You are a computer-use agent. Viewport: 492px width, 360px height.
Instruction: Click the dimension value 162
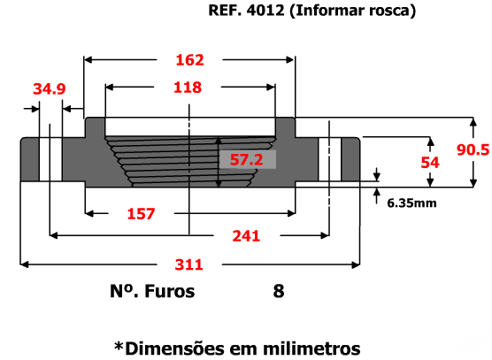click(x=190, y=60)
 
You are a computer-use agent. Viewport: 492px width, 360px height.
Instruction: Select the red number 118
click(x=188, y=88)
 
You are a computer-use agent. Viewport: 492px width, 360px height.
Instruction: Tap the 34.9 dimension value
click(x=50, y=89)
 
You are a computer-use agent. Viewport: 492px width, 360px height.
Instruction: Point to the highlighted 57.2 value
click(x=247, y=159)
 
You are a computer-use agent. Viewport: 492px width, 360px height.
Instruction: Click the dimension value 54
click(x=430, y=163)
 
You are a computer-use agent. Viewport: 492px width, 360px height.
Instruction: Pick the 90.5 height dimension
click(x=473, y=149)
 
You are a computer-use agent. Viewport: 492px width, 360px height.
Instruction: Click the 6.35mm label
click(x=411, y=203)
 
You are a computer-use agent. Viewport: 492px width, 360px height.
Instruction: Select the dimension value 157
click(x=142, y=214)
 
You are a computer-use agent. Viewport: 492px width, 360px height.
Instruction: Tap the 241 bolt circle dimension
click(x=246, y=236)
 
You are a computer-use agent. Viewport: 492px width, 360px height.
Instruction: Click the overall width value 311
click(x=188, y=265)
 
